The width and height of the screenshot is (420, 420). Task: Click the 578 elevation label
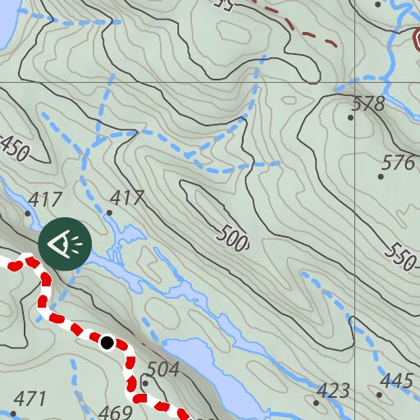pyautogui.click(x=367, y=104)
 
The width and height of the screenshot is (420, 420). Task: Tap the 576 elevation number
pyautogui.click(x=399, y=162)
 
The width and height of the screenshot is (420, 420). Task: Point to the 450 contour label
pyautogui.click(x=14, y=148)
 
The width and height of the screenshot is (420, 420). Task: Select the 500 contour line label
pyautogui.click(x=233, y=239)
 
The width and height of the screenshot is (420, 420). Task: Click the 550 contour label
pyautogui.click(x=402, y=257)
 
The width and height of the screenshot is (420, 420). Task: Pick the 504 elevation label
pyautogui.click(x=163, y=370)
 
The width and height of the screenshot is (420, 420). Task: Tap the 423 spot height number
pyautogui.click(x=334, y=390)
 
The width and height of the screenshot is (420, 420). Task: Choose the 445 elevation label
pyautogui.click(x=398, y=381)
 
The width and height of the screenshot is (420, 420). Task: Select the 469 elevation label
pyautogui.click(x=114, y=413)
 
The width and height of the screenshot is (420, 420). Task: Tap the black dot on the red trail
pyautogui.click(x=107, y=342)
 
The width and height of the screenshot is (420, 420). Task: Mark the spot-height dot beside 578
pyautogui.click(x=350, y=117)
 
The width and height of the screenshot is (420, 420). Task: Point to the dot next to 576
pyautogui.click(x=381, y=176)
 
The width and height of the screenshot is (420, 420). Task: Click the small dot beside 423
pyautogui.click(x=317, y=403)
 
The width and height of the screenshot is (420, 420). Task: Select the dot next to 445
pyautogui.click(x=380, y=395)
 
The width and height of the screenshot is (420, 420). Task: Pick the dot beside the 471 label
pyautogui.click(x=14, y=413)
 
